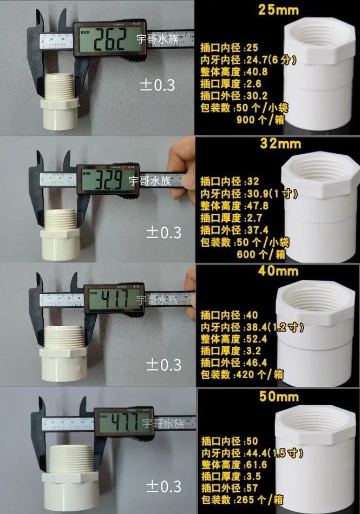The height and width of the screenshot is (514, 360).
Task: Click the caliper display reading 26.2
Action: [x=111, y=39]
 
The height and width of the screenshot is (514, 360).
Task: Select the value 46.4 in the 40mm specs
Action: [x=258, y=363]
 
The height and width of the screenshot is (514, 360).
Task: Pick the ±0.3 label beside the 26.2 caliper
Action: [x=157, y=85]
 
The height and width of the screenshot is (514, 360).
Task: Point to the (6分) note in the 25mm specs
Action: [x=282, y=60]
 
